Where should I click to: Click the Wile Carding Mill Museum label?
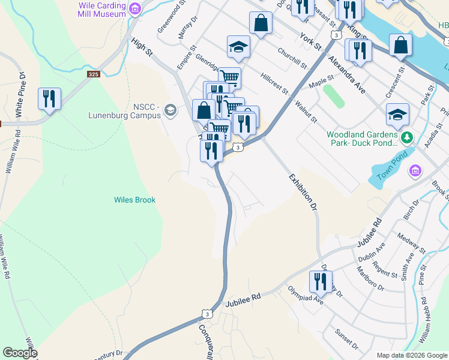pos(102,9)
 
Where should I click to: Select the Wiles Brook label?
pos(135,200)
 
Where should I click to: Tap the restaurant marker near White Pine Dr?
pos(49,99)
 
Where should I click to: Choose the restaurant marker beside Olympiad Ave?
pos(321,282)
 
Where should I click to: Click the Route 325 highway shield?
pos(93,74)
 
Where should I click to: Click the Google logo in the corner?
pos(19,353)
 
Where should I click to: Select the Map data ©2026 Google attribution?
pos(412,355)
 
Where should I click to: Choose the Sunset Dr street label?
pos(346,338)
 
